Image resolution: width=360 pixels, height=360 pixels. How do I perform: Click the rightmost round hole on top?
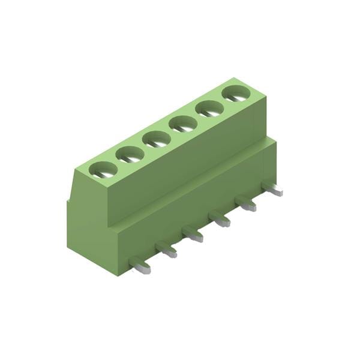tap(235, 94)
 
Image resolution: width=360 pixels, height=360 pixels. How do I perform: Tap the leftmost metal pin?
tap(140, 266)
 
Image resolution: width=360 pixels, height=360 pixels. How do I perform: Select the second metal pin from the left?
tap(167, 250)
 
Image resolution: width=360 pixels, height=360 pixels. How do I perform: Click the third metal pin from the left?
tap(193, 235)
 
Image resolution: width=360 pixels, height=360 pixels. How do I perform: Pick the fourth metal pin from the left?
tap(220, 220)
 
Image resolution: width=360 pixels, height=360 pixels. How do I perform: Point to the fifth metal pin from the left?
tap(247, 204)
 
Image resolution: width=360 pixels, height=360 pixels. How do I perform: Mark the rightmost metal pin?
tap(273, 190)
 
